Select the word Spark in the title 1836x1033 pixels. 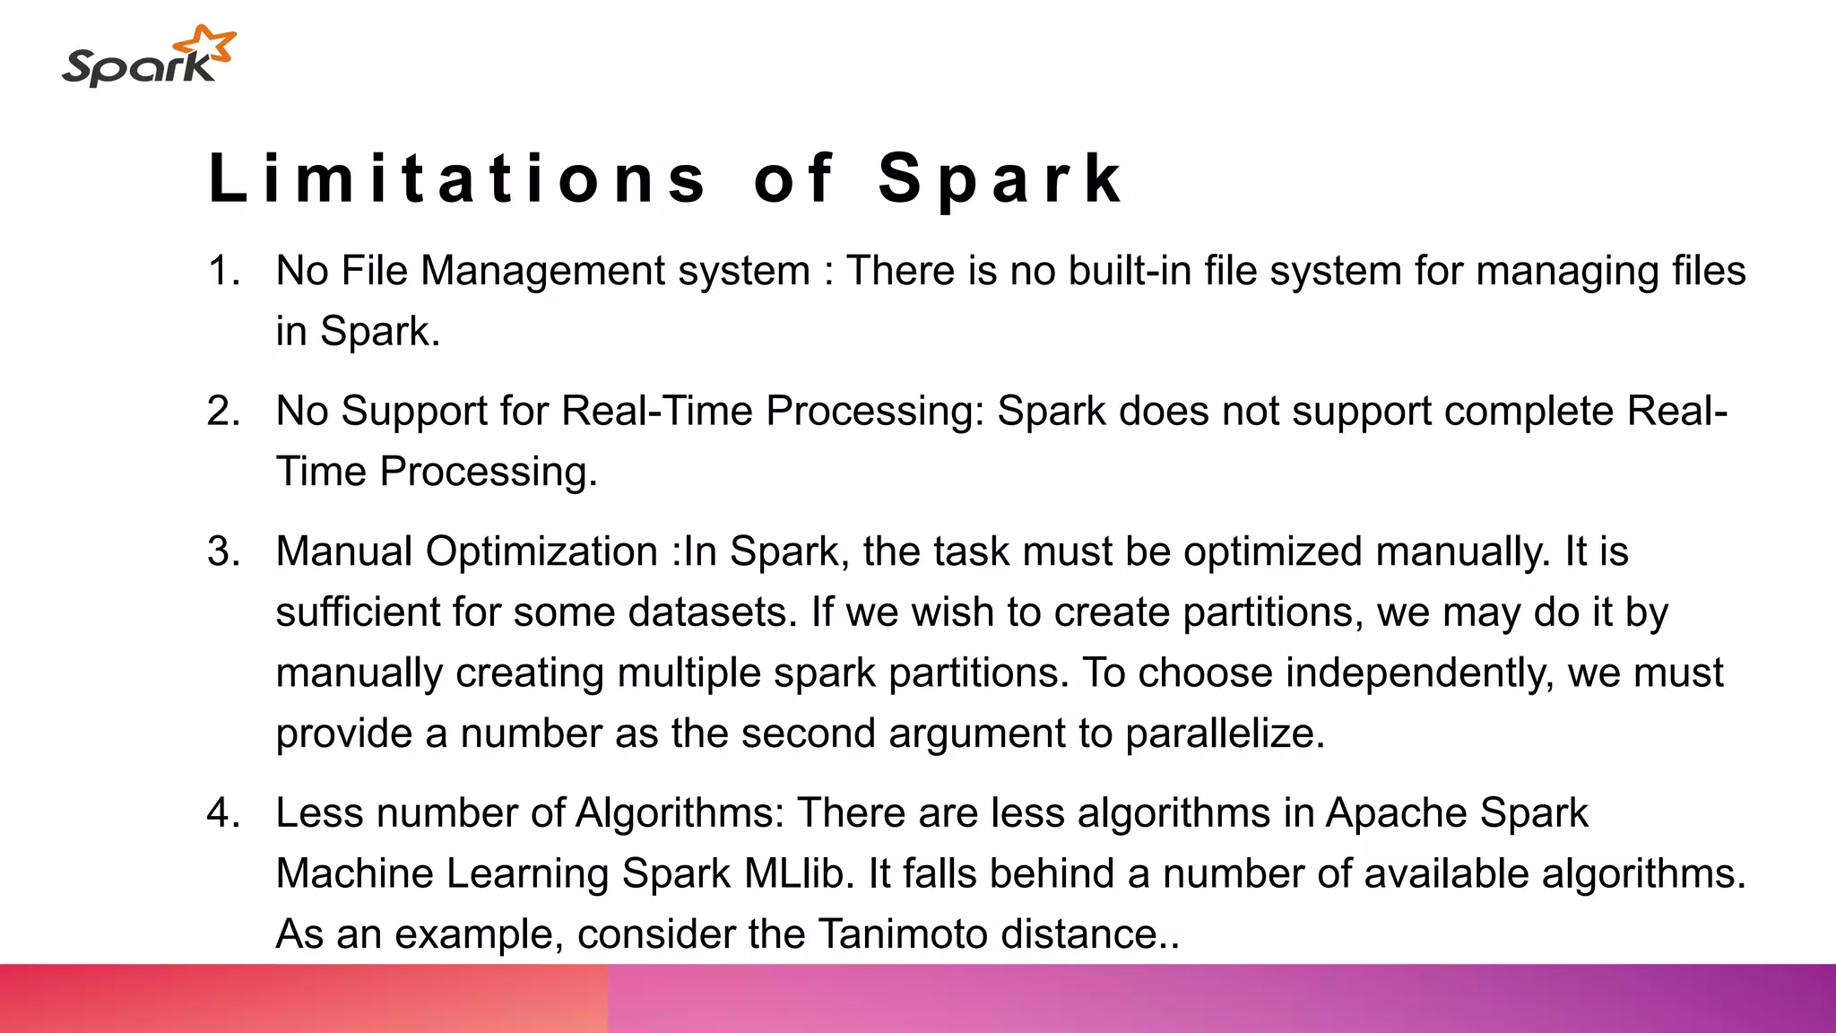point(1000,178)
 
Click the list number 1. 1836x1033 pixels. point(222,271)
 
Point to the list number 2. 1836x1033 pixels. point(223,412)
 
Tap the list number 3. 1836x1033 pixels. point(223,551)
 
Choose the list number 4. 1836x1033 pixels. point(223,813)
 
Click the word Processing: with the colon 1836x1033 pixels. point(875,412)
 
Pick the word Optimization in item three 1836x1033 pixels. point(541,551)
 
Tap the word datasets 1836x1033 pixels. point(713,612)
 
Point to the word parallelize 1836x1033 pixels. point(1225,734)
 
